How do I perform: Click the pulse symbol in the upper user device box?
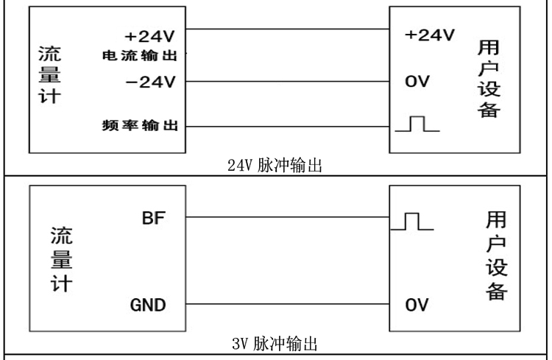[x=417, y=125]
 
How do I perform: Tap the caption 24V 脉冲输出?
[x=278, y=165]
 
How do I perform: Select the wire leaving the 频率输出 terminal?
[x=287, y=127]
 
